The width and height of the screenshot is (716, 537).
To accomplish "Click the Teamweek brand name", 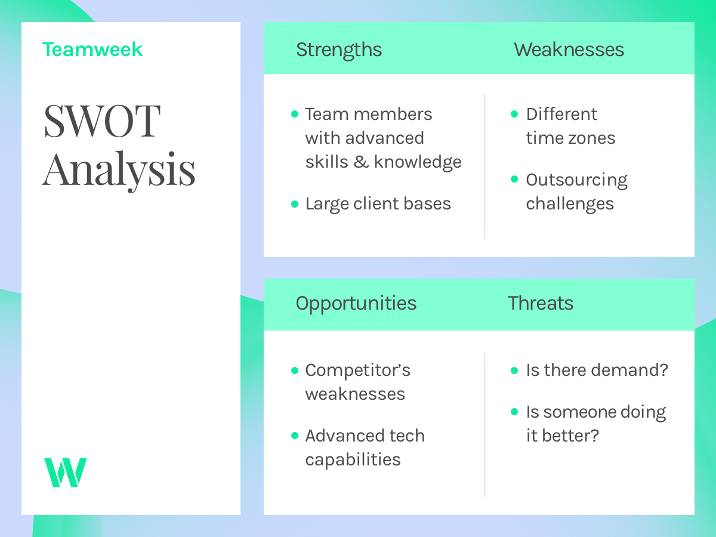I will (x=92, y=50).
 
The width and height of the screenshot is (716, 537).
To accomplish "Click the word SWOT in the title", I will (x=102, y=122).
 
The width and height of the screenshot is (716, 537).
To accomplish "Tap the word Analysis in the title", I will (x=119, y=170).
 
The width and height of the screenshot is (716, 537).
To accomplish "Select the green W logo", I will (x=65, y=472).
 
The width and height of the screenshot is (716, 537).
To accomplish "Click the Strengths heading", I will (x=339, y=50).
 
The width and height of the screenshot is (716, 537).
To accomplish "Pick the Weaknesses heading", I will (x=569, y=50).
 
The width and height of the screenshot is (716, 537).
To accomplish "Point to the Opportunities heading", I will (x=356, y=303).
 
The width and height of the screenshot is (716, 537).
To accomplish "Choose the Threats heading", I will (x=541, y=303).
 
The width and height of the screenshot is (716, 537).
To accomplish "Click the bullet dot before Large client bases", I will (x=294, y=204).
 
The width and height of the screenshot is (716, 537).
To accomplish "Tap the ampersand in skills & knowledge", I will (x=361, y=162).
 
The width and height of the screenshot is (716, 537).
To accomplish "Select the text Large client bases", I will (x=378, y=204).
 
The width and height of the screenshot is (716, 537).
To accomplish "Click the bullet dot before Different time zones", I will (x=515, y=114).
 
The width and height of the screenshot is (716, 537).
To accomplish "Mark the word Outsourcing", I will (x=576, y=180).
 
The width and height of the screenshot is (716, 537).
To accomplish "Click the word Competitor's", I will (x=357, y=371).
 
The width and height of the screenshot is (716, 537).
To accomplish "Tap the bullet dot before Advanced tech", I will (x=294, y=436).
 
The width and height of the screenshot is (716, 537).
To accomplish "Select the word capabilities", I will (x=353, y=460).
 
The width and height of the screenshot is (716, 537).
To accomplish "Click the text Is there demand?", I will (x=597, y=371).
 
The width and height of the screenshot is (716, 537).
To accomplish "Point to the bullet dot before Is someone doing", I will (x=515, y=412).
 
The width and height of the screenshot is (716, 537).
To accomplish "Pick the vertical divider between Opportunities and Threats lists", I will (x=484, y=424).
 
